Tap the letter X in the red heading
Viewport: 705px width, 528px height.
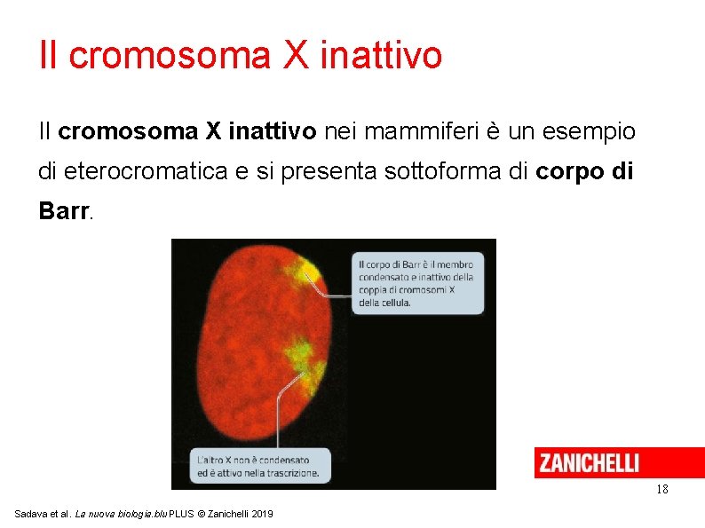297,55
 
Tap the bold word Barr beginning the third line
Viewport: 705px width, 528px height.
64,211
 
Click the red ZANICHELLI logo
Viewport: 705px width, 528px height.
590,462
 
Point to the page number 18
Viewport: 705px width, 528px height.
661,490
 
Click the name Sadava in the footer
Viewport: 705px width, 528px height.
32,515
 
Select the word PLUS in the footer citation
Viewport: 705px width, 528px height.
179,515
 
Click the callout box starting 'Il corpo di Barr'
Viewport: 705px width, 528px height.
418,283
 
